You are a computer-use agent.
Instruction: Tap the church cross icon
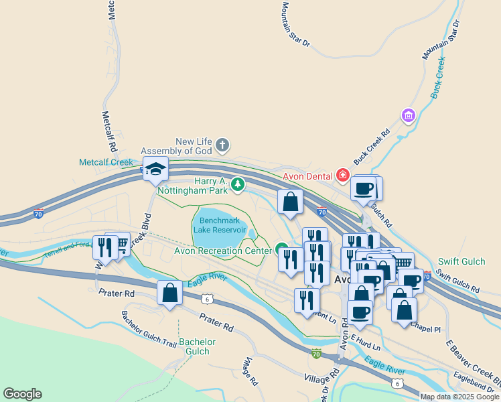coord(223,145)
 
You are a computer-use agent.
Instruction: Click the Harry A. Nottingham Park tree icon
coord(236,184)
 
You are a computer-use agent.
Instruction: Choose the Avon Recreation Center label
coord(223,251)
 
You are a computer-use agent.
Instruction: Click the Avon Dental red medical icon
coord(343,176)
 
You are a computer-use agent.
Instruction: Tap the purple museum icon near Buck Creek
coord(408,117)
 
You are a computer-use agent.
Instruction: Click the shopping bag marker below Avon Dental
coord(290,202)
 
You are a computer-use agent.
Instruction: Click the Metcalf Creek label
coord(106,162)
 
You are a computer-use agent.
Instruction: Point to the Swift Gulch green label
coord(461,261)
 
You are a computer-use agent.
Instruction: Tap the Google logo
coord(22,394)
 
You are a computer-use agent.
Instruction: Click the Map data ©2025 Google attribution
coord(459,397)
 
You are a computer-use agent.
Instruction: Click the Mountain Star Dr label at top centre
coord(295,24)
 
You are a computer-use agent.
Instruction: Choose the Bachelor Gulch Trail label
coord(149,328)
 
